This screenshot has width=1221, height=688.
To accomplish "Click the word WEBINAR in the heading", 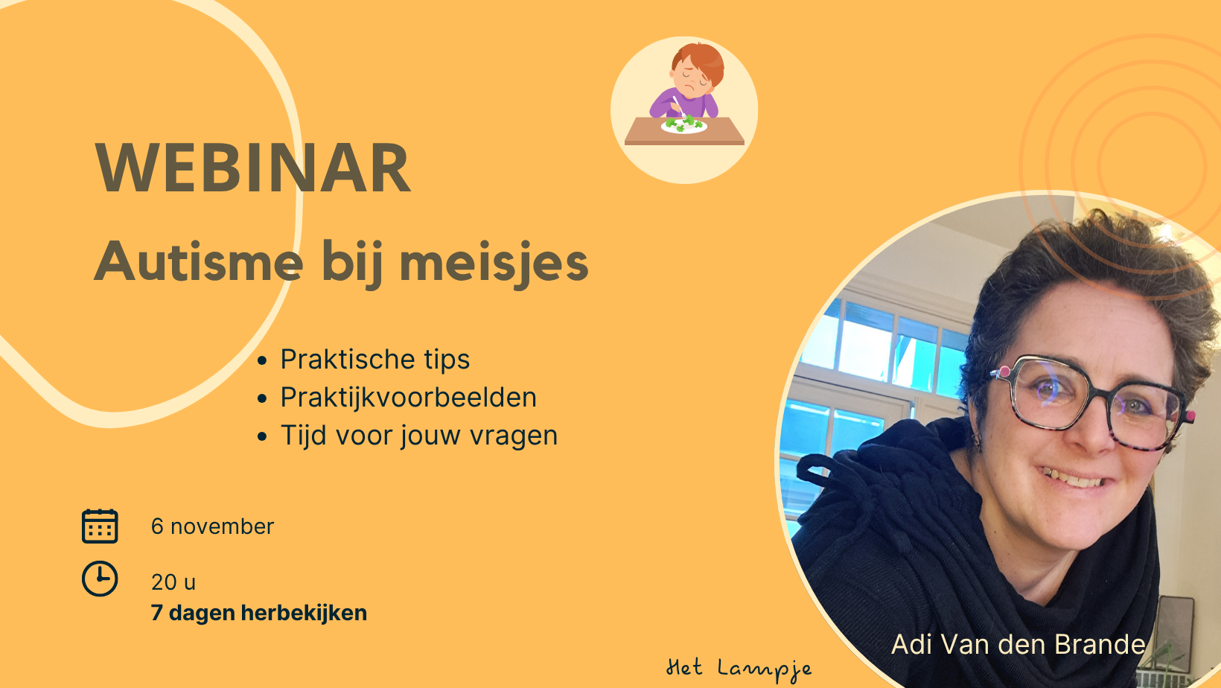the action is tap(253, 168).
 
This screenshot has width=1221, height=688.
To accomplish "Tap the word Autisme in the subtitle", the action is tap(198, 261).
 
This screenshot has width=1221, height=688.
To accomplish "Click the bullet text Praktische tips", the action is tap(375, 360).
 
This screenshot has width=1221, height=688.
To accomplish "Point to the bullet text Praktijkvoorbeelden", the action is tap(408, 397).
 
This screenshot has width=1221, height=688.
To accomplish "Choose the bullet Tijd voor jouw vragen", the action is tap(419, 436).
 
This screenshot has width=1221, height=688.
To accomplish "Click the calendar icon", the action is tap(100, 526).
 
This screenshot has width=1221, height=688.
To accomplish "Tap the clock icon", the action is tap(100, 579).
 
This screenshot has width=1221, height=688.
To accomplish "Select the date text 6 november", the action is tap(213, 526).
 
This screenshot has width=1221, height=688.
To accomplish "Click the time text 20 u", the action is tap(173, 582).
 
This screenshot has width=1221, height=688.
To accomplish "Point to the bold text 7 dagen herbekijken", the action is tap(259, 613).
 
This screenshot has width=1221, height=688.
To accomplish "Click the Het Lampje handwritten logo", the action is tap(739, 669).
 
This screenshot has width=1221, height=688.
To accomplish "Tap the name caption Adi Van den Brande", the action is tap(1018, 644).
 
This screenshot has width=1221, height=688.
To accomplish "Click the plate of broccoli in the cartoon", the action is tap(684, 125).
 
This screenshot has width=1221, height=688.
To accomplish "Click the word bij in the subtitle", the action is tap(351, 264).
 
